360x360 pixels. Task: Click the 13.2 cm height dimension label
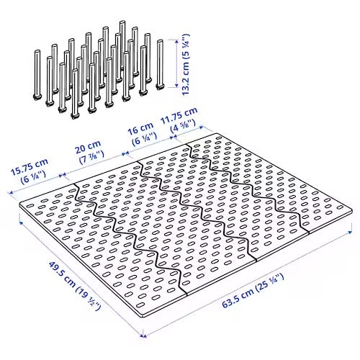click(186, 64)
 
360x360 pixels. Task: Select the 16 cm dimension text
click(140, 130)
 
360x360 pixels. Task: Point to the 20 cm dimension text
click(88, 147)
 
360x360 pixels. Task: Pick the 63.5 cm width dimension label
click(253, 291)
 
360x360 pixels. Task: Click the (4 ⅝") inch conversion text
click(183, 127)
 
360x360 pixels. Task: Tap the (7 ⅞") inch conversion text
click(91, 158)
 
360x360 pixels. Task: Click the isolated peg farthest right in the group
click(160, 65)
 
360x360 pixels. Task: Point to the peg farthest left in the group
click(37, 75)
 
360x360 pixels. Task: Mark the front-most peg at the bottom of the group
click(75, 94)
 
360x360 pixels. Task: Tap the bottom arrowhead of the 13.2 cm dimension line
click(176, 85)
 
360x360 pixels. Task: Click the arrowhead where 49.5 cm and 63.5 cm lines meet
click(143, 336)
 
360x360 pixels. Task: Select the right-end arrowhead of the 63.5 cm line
click(350, 232)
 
